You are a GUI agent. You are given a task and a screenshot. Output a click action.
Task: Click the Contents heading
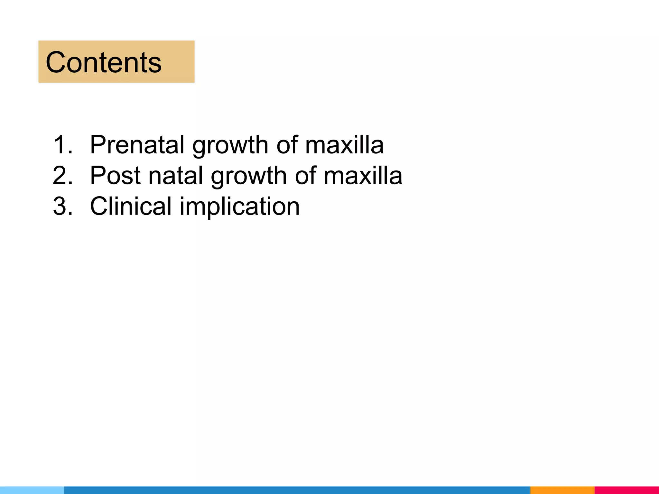(x=104, y=62)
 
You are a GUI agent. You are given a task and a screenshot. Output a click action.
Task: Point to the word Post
(x=115, y=176)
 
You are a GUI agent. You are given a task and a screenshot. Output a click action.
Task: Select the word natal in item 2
(x=175, y=176)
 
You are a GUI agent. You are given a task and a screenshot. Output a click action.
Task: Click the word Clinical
(x=131, y=206)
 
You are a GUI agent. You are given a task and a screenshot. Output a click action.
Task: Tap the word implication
(x=239, y=206)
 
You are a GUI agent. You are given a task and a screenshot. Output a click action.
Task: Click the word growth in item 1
(x=230, y=145)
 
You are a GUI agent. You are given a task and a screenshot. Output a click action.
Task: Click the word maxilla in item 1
(x=344, y=145)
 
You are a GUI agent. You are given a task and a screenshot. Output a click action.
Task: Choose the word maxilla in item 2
(x=363, y=176)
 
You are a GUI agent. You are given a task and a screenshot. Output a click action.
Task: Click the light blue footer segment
(x=32, y=490)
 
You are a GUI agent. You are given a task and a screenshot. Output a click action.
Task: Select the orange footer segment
(x=562, y=490)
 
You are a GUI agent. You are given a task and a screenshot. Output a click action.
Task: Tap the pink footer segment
(x=627, y=490)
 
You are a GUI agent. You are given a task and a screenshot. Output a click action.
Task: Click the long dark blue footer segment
(x=297, y=490)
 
